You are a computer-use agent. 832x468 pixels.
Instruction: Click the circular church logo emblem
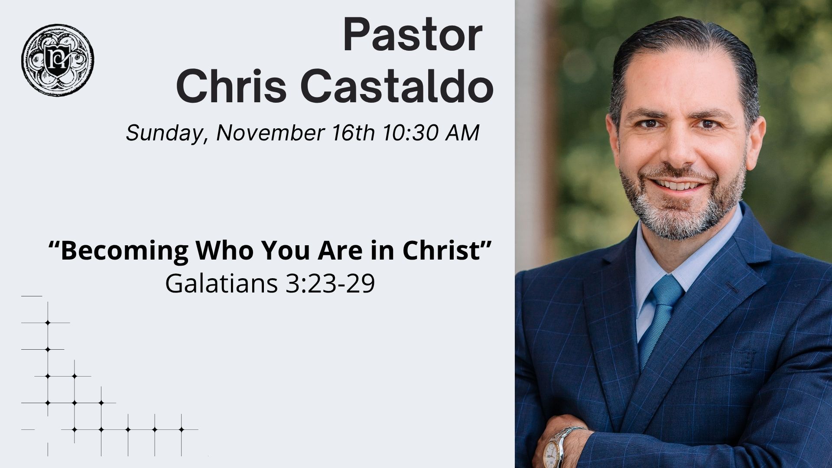[x=58, y=60]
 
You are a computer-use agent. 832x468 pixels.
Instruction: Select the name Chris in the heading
[x=231, y=86]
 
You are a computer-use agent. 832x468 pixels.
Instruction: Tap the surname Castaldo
[x=396, y=86]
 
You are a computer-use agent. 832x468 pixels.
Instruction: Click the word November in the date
[x=270, y=133]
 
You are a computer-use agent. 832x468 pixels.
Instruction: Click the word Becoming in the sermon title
[x=125, y=251]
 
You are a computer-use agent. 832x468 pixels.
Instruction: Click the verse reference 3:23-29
[x=330, y=283]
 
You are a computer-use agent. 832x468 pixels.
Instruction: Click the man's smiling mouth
[x=679, y=185]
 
